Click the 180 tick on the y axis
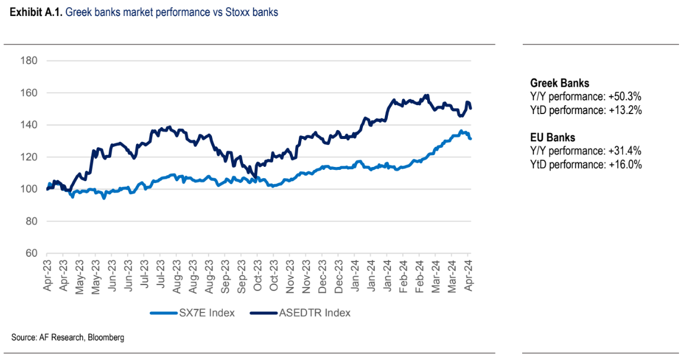[29, 61]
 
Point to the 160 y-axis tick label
[29, 93]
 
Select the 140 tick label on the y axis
[29, 125]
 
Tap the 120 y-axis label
[29, 157]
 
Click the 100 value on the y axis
[29, 189]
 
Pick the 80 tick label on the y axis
[31, 221]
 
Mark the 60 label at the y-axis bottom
[31, 253]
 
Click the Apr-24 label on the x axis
[467, 274]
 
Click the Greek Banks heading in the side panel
[560, 84]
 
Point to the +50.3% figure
[625, 97]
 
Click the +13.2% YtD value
[624, 110]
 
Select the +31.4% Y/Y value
[625, 151]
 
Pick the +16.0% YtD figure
[624, 165]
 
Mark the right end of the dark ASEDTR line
[470, 108]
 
